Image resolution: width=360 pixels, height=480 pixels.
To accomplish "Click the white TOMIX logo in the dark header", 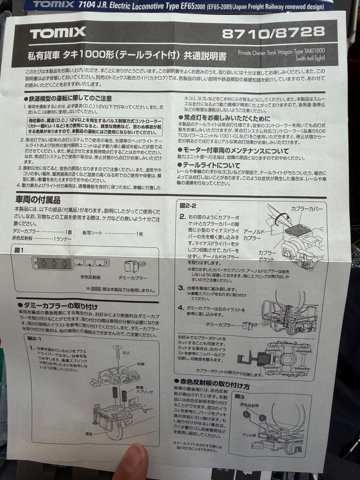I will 58,32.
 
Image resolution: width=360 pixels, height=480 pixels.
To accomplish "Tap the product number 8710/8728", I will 273,32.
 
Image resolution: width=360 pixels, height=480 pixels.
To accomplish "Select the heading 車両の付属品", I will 38,200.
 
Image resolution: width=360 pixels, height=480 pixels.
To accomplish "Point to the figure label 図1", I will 20,250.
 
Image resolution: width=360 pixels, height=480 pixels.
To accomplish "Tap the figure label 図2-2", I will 188,205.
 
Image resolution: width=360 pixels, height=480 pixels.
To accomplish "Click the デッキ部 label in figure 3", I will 248,434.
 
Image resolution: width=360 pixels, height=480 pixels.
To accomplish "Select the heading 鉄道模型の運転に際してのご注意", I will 67,98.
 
